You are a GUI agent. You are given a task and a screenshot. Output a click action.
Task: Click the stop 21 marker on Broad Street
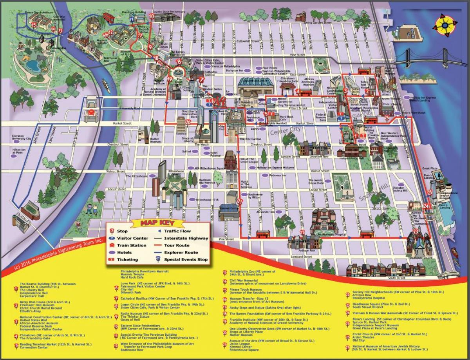(x=240, y=201)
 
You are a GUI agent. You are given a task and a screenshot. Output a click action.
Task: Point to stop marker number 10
(x=152, y=16)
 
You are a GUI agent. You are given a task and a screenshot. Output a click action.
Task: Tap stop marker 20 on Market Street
(x=188, y=122)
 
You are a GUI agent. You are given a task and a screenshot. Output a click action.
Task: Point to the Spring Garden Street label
(x=318, y=23)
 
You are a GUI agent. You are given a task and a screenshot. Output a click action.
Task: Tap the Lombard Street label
(x=302, y=257)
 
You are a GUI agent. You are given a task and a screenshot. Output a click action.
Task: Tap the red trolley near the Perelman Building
(x=108, y=18)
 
